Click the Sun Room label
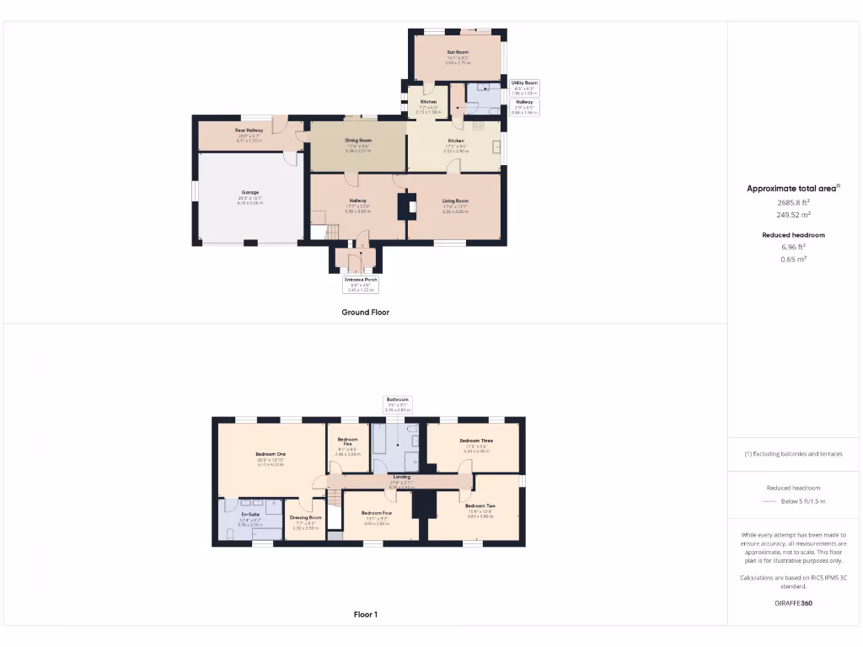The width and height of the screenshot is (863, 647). click(x=458, y=52)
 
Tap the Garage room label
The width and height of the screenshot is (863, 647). click(x=250, y=193)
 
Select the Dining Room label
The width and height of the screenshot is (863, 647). click(x=358, y=141)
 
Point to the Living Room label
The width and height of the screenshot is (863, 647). click(x=455, y=201)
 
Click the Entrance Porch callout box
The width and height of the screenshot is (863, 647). click(x=361, y=283)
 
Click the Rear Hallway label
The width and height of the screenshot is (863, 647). click(x=249, y=131)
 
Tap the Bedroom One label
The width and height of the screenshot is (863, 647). click(x=271, y=455)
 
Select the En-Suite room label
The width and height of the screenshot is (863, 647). click(x=249, y=514)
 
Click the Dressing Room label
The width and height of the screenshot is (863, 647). click(x=305, y=518)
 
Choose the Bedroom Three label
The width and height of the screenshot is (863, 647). click(x=476, y=441)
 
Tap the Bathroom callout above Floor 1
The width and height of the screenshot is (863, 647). click(x=397, y=404)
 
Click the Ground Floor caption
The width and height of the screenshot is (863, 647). click(x=365, y=312)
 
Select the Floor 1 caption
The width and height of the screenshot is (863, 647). click(x=365, y=614)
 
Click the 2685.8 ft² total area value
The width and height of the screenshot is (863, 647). click(x=794, y=202)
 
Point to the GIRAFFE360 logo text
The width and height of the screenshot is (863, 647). click(x=794, y=603)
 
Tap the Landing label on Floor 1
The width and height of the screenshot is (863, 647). click(x=401, y=477)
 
